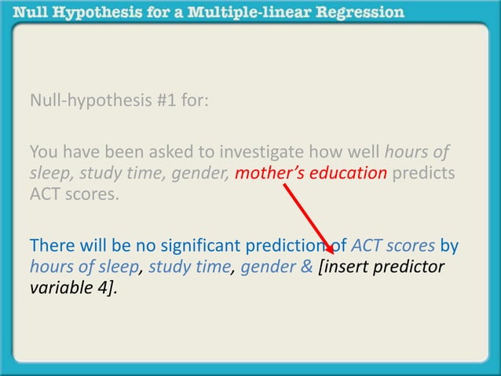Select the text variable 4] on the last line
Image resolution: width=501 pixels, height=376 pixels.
click(x=75, y=288)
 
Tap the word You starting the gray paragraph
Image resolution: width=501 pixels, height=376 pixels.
click(x=43, y=152)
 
